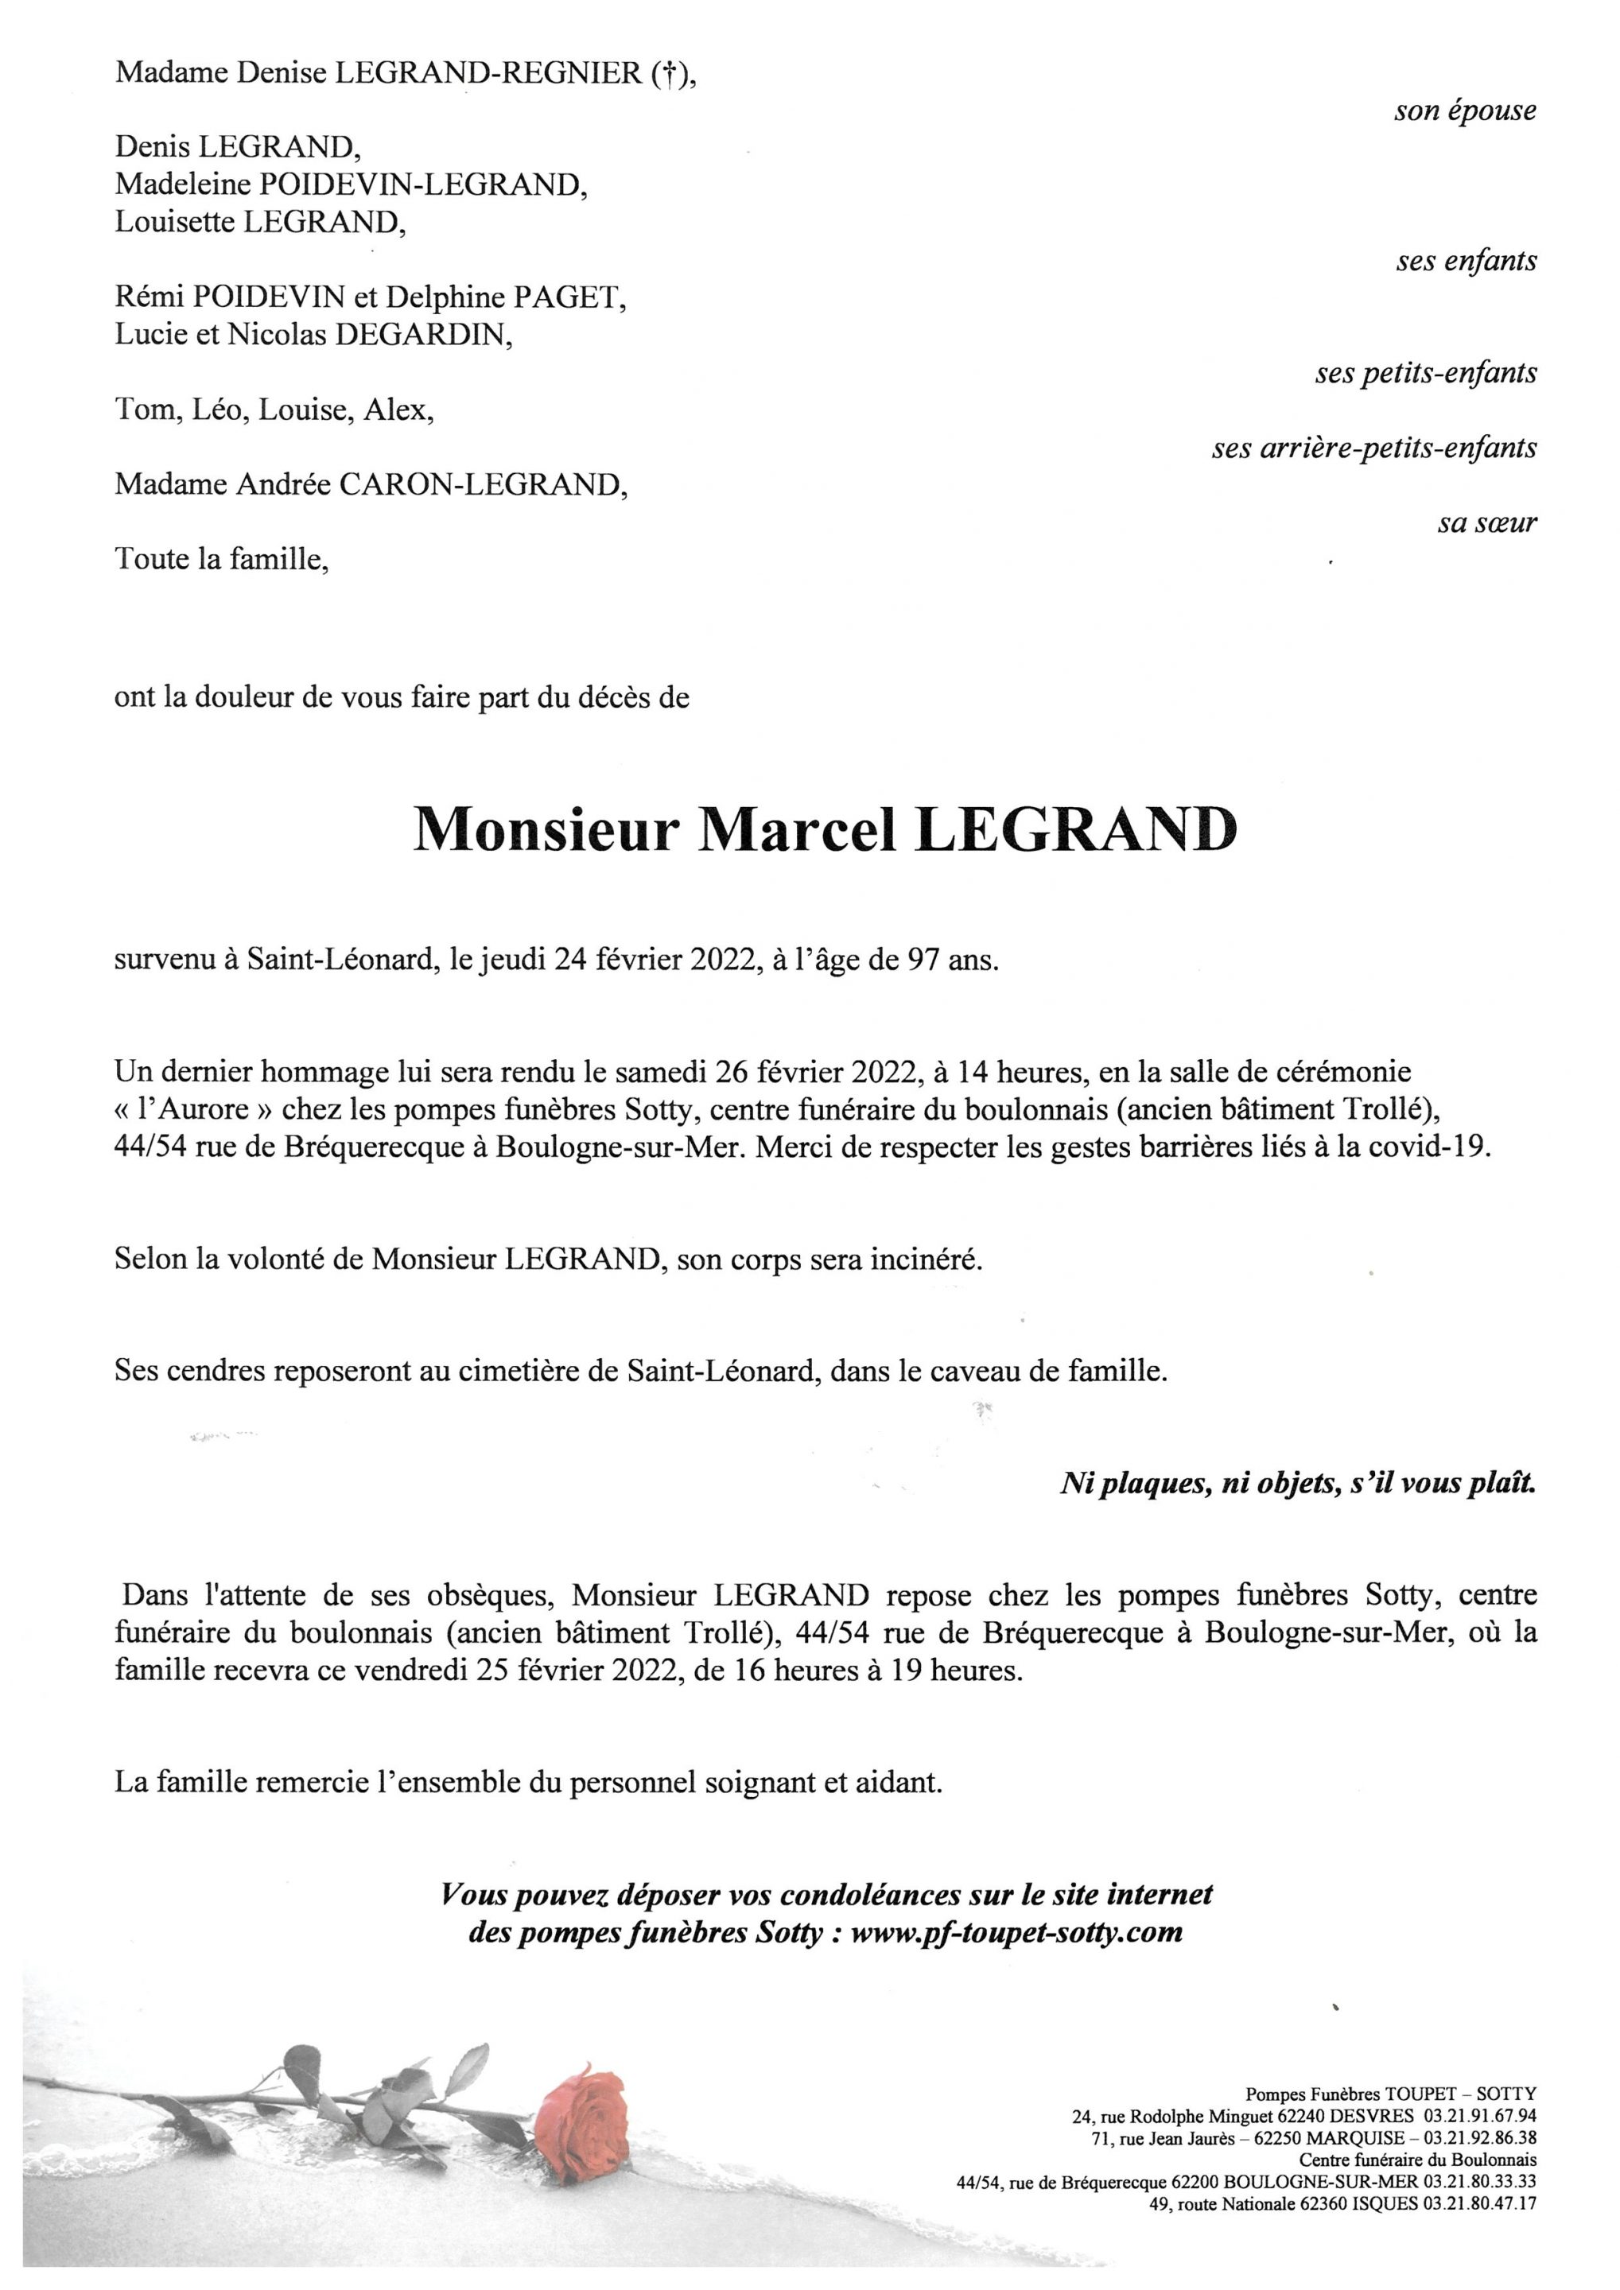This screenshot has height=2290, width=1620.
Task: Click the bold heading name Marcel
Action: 795,830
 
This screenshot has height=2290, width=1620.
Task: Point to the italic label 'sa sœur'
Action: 1486,522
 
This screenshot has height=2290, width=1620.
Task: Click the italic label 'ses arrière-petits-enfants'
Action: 1373,448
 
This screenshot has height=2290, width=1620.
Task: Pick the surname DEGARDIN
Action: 424,335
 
